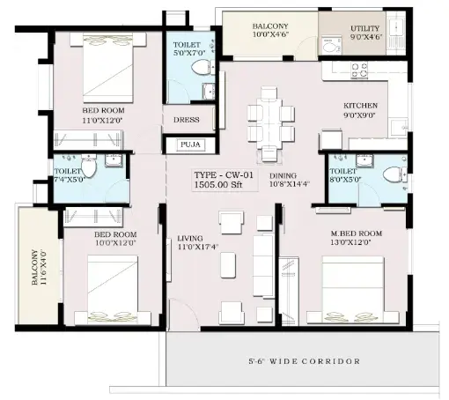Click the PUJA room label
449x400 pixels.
tap(190, 144)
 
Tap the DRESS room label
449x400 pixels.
tap(187, 120)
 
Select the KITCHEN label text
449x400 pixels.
tap(360, 106)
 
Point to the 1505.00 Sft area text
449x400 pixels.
tap(218, 185)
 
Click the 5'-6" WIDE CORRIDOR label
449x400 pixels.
tap(305, 361)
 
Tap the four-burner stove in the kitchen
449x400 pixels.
tap(359, 70)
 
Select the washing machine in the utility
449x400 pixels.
tap(332, 45)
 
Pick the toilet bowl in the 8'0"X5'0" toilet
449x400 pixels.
tap(394, 174)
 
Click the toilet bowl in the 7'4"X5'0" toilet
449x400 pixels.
tap(89, 166)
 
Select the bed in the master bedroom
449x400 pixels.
tap(353, 290)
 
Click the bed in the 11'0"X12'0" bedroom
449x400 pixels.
tap(108, 68)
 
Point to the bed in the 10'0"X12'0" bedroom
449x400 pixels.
tap(113, 289)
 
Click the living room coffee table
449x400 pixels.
tap(228, 265)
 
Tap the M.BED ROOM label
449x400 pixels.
tap(357, 233)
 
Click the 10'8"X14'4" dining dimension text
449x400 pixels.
tap(290, 184)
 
